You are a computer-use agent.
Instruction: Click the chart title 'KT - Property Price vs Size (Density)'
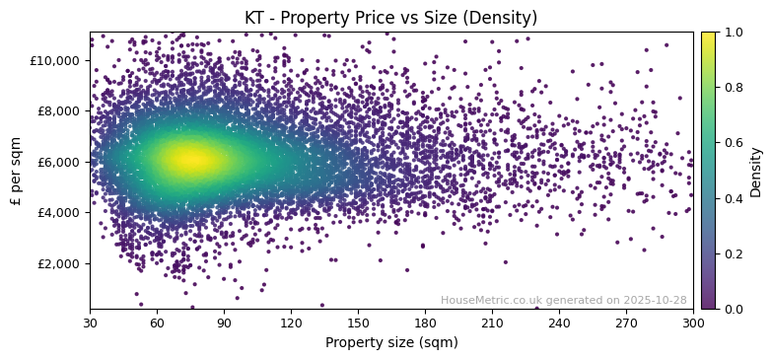point(391,18)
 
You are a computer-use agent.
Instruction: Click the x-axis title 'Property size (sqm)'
point(391,343)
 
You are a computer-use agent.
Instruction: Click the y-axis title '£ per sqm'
point(16,170)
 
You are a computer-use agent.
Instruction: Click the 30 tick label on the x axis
point(90,323)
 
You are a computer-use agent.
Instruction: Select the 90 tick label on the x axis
point(224,323)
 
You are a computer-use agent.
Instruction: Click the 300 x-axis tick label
point(693,323)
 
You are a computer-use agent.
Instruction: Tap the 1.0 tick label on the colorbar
point(734,33)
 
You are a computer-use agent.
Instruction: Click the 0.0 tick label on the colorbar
point(734,309)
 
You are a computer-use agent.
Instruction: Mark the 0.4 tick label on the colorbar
point(734,198)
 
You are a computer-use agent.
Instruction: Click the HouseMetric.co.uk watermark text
point(564,301)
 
